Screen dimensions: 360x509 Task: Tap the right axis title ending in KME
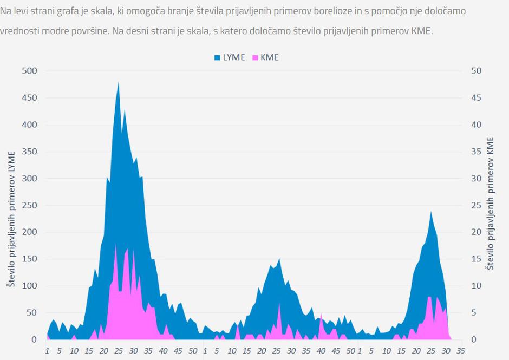click(x=490, y=203)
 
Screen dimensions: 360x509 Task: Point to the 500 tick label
click(x=29, y=71)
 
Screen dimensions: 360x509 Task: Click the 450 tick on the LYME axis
click(x=29, y=98)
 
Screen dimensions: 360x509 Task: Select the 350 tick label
click(x=29, y=152)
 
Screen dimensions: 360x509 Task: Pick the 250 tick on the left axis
click(x=29, y=205)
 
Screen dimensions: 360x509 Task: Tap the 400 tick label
click(x=29, y=125)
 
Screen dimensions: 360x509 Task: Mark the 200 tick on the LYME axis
click(x=29, y=232)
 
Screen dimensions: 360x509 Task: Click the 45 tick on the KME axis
click(x=476, y=98)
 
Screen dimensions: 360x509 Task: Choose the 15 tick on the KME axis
click(x=476, y=259)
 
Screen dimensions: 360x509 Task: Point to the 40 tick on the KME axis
click(x=476, y=125)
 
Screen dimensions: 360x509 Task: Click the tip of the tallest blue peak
click(x=119, y=83)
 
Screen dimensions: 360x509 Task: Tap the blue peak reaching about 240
click(x=431, y=212)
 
